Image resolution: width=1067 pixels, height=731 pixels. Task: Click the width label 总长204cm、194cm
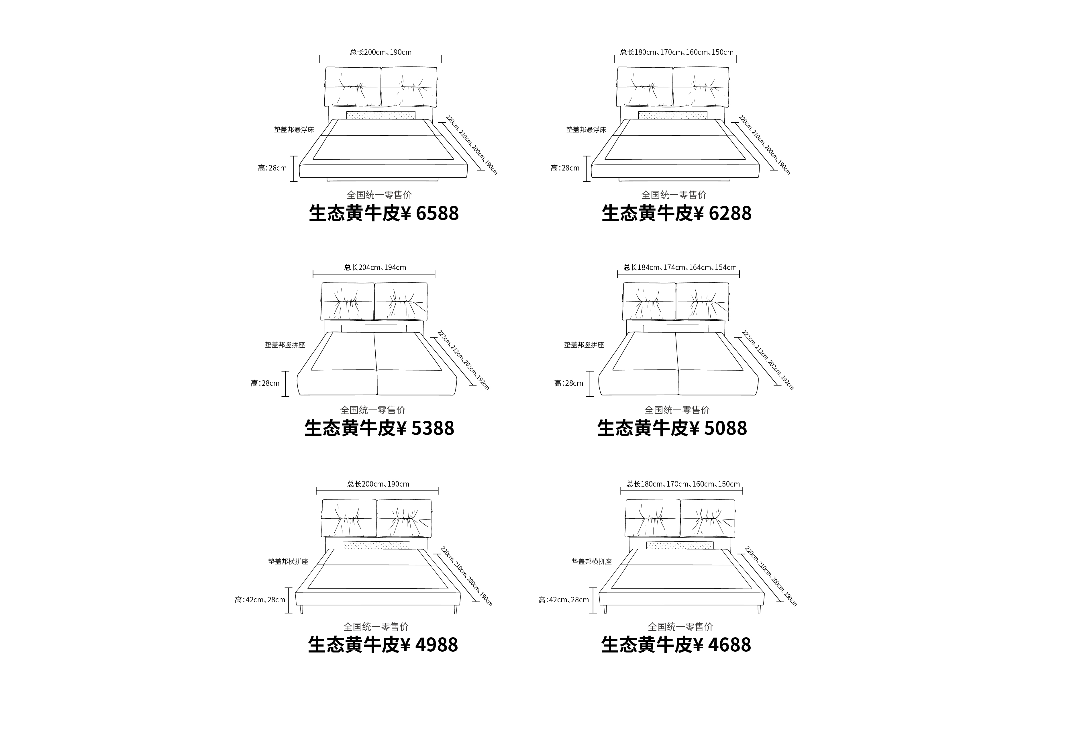375,267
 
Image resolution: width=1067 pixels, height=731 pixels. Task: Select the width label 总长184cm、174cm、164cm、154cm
680,267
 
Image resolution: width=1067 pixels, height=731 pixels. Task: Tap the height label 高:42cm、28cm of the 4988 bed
260,600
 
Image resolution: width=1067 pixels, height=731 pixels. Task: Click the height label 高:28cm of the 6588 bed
272,168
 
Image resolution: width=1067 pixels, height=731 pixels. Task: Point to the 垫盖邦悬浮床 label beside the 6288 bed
586,130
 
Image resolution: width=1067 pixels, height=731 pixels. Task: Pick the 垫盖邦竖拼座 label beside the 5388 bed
285,345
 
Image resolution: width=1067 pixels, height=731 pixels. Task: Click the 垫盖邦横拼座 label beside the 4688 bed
592,562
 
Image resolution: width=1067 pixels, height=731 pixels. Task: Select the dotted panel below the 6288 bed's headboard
673,115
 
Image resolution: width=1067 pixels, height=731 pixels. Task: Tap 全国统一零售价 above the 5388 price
373,410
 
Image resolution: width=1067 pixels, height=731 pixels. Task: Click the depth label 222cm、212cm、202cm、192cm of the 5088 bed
768,360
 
